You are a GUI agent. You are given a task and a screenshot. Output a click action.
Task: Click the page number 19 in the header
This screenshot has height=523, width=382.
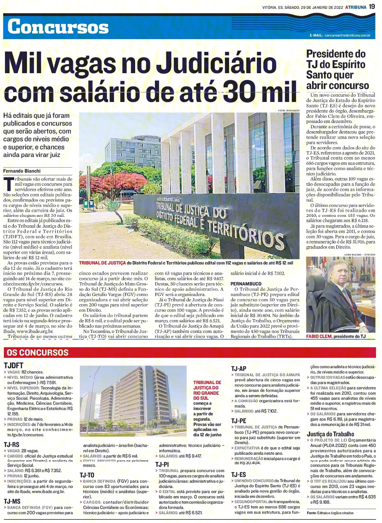coord(372,6)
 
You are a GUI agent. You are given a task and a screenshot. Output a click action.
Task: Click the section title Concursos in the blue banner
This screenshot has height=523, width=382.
coord(58,27)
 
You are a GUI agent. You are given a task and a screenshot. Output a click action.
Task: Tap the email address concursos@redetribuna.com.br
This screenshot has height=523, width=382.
coord(347,36)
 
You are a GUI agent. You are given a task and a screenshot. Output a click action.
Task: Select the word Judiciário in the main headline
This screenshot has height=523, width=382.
coord(216,64)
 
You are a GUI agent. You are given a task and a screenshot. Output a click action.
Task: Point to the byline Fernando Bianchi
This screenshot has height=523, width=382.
coord(22,171)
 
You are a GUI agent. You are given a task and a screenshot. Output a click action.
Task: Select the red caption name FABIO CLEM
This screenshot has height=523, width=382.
coord(319,336)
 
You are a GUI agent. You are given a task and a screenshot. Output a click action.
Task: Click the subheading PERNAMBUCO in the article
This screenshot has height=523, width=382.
coord(246,284)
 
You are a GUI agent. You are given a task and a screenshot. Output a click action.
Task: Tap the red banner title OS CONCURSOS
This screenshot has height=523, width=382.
coord(38,352)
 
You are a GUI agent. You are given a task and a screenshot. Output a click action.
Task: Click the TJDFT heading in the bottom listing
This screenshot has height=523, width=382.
coord(13,366)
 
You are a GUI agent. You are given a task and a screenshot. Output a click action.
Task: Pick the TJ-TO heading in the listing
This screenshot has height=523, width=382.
coord(87,475)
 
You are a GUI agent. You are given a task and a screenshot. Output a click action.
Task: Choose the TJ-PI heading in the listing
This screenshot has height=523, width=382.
coord(162,464)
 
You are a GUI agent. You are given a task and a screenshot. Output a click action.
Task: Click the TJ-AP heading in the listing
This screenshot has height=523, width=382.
coord(238,369)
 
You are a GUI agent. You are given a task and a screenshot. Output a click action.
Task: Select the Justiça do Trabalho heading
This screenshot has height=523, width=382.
coord(330,434)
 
